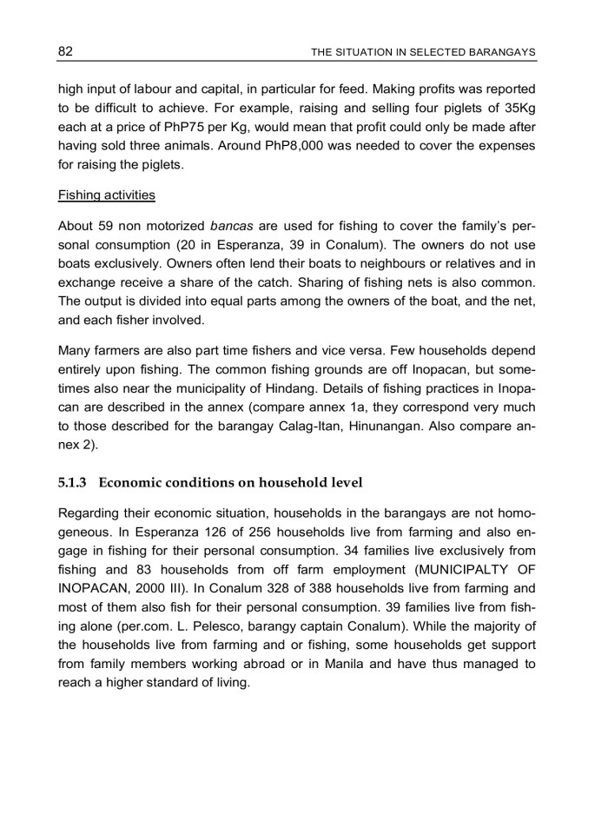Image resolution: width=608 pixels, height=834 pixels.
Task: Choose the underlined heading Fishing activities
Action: point(107,195)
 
